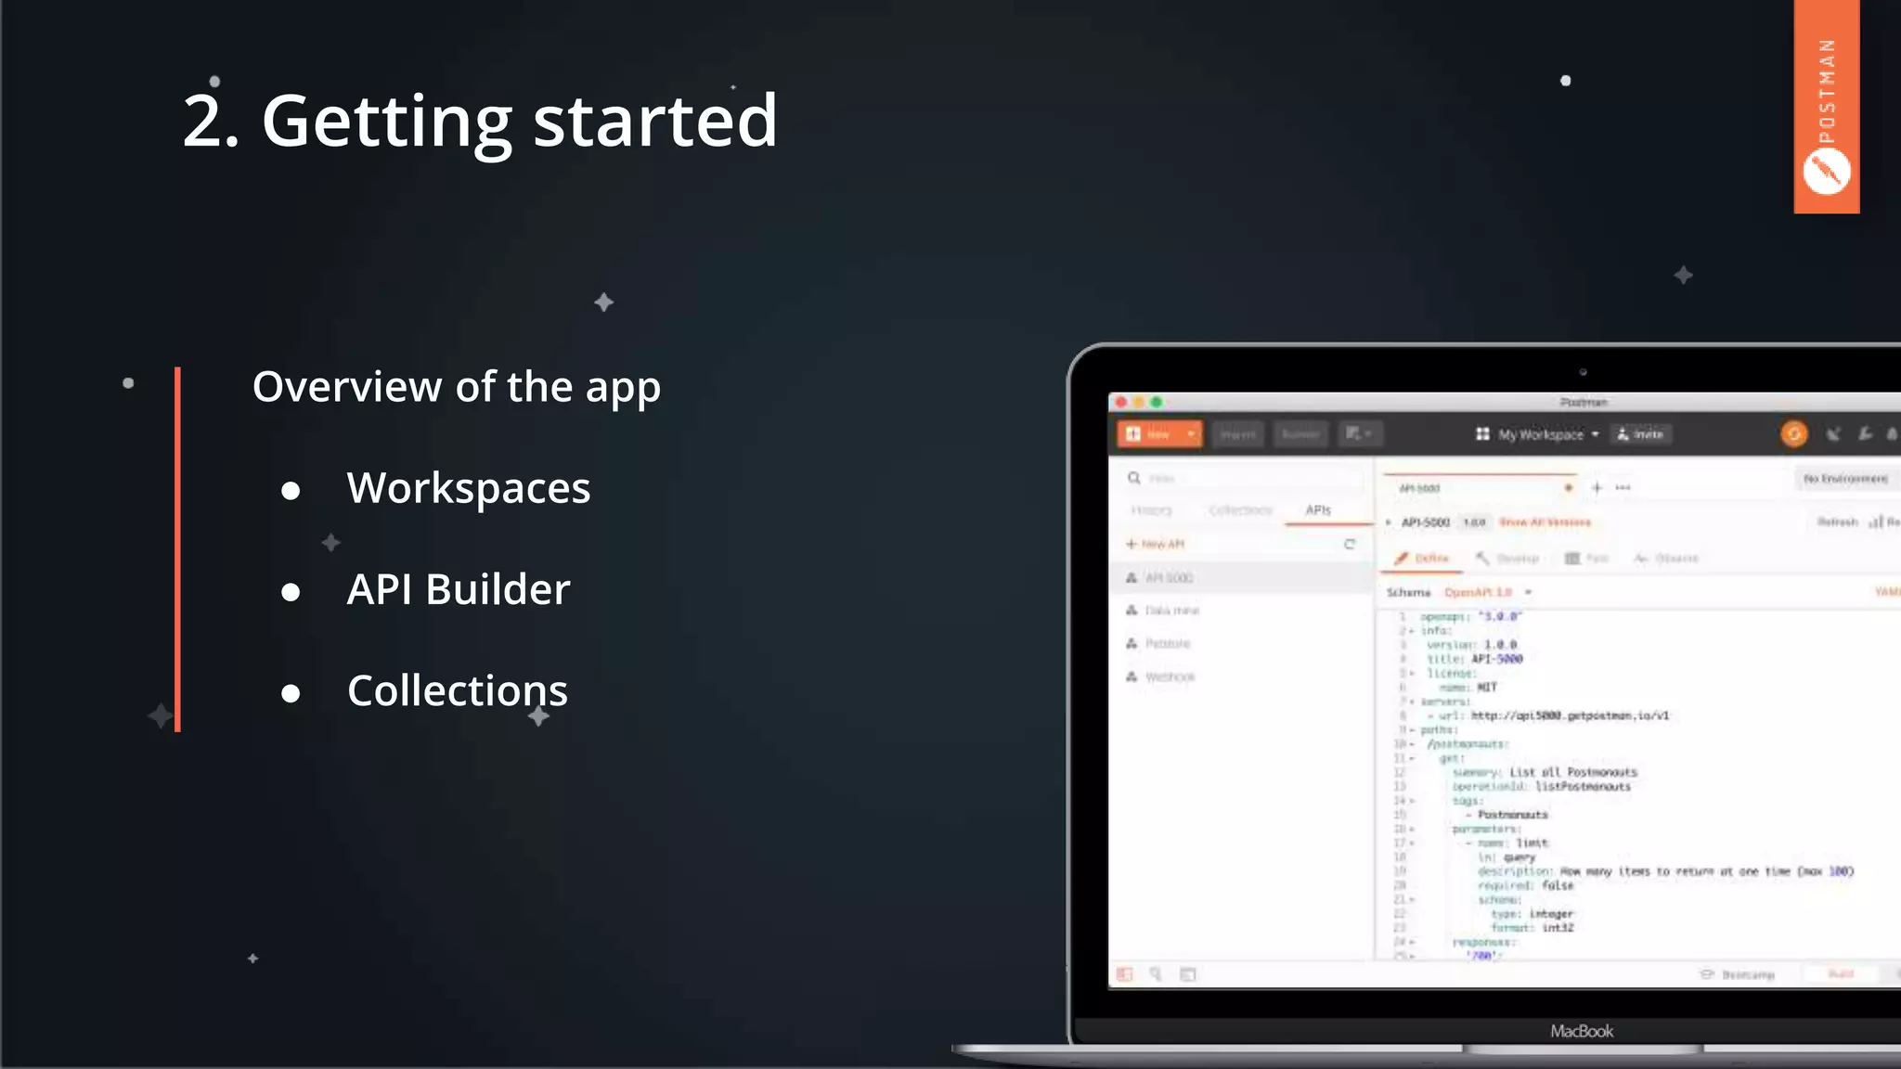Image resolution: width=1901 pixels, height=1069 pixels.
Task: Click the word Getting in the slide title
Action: tap(386, 121)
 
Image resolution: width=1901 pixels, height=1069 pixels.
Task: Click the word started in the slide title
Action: tap(654, 121)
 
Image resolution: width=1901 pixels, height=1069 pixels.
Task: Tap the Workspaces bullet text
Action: tap(468, 488)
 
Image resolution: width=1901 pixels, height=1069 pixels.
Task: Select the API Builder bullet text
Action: tap(459, 589)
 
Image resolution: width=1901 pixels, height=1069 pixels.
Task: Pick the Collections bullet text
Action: tap(457, 691)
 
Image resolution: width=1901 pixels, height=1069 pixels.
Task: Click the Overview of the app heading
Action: tap(456, 387)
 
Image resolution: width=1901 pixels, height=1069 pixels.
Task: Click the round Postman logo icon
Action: tap(1826, 172)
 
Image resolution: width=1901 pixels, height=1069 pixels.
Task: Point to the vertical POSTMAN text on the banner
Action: tap(1827, 91)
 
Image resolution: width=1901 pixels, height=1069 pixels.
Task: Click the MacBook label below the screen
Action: tap(1582, 1031)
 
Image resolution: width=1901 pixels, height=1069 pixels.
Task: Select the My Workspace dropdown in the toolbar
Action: tap(1538, 434)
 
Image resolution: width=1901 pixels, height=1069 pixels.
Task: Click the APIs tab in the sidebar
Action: tap(1318, 510)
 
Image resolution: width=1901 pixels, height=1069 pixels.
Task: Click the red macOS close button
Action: tap(1121, 402)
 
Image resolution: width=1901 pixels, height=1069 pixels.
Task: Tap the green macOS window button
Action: tap(1157, 402)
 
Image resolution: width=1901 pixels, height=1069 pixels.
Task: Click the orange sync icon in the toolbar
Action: tap(1793, 433)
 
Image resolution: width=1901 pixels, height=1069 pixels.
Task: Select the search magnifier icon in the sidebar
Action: tap(1134, 478)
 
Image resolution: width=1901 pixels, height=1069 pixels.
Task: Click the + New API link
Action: tap(1156, 544)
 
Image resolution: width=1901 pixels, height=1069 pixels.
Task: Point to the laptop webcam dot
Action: tap(1584, 372)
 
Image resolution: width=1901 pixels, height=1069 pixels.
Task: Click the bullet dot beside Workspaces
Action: tap(291, 491)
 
